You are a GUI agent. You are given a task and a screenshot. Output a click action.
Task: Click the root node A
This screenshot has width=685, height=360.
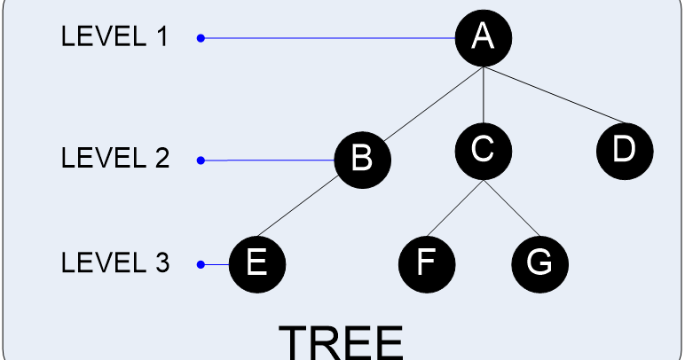pos(483,37)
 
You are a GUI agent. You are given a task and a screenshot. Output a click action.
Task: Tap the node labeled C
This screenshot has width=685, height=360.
pos(483,149)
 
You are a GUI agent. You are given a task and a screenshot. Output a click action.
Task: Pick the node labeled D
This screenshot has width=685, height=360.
pos(625,149)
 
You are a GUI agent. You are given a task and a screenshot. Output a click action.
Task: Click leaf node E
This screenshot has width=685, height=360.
pos(256,263)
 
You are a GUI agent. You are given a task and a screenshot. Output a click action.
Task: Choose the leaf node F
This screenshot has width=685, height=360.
pos(427,263)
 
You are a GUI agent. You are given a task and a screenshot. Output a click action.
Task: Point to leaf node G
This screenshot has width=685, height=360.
pos(539,263)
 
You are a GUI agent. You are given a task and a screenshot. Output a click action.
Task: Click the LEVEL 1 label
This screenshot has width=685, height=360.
pos(114,38)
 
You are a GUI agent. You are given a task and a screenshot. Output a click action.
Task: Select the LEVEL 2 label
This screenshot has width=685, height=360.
pos(114,160)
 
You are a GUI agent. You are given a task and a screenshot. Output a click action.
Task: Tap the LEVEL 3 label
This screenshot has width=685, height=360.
pos(114,263)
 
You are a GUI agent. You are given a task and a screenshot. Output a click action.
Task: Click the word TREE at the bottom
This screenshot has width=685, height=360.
pos(342,342)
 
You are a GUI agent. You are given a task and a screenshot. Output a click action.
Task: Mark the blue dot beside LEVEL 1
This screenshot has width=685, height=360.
pos(201,38)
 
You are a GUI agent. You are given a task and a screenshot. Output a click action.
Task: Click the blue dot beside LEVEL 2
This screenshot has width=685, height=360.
pos(201,160)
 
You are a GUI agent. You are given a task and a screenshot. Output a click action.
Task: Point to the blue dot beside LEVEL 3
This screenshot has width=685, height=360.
pos(201,264)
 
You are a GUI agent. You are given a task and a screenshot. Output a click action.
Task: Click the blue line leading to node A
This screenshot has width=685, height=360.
pos(328,38)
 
